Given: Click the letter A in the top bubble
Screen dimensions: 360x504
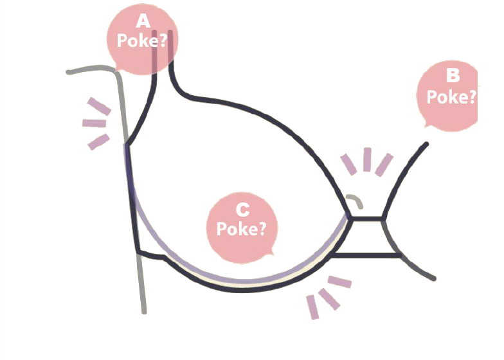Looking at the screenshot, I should (x=142, y=21).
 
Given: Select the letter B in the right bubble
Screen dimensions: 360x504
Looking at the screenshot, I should (x=453, y=76).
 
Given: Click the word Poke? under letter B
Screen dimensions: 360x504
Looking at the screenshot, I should (x=452, y=96).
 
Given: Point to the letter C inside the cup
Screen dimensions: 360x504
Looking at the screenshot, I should (x=242, y=210).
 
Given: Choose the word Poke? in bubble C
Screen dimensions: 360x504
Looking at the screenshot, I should (x=242, y=228).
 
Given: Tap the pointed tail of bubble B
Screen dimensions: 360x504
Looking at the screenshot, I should (x=425, y=126).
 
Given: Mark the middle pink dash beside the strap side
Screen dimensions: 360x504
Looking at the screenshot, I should (x=94, y=123).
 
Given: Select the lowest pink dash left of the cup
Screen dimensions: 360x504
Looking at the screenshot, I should (x=98, y=141).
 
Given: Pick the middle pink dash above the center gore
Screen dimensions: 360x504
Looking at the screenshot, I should (x=367, y=159).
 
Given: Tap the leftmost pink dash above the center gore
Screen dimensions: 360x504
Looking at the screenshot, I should (x=348, y=165).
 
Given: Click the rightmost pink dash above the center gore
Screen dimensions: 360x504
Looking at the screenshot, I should (x=384, y=163).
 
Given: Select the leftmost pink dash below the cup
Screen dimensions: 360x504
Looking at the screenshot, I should (x=313, y=307).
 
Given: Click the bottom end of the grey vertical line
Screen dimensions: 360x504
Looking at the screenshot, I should (x=144, y=311).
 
